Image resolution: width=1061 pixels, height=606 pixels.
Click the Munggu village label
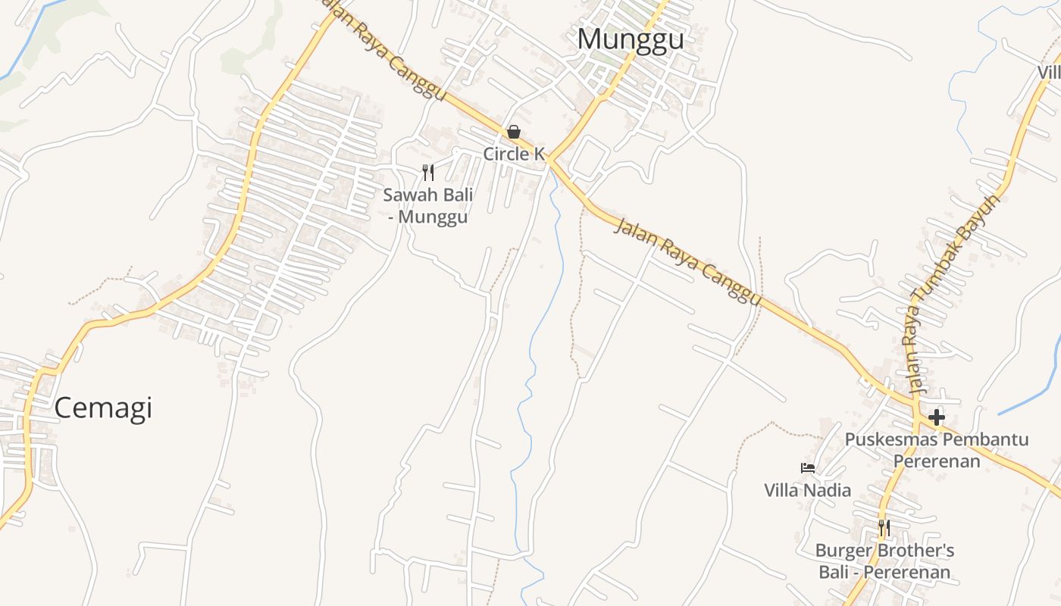[630, 39]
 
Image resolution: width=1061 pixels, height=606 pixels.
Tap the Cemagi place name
[103, 408]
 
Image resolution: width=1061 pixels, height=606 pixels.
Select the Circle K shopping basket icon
[514, 133]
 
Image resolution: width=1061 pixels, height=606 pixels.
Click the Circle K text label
[514, 154]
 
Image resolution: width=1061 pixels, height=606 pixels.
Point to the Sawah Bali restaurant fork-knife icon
[428, 173]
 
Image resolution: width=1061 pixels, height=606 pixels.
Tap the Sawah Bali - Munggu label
[428, 205]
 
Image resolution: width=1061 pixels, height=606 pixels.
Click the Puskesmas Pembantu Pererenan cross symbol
[937, 417]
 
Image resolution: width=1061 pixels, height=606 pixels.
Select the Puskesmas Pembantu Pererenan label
[937, 450]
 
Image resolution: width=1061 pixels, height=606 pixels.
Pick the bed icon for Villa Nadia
[808, 468]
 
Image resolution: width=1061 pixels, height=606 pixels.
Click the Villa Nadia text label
[807, 490]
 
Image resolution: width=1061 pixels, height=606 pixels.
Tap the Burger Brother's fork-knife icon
[884, 527]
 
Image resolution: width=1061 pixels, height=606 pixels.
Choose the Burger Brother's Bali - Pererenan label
[884, 561]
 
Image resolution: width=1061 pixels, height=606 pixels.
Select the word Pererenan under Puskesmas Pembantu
[937, 461]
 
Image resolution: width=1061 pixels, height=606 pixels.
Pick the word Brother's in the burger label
[917, 551]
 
